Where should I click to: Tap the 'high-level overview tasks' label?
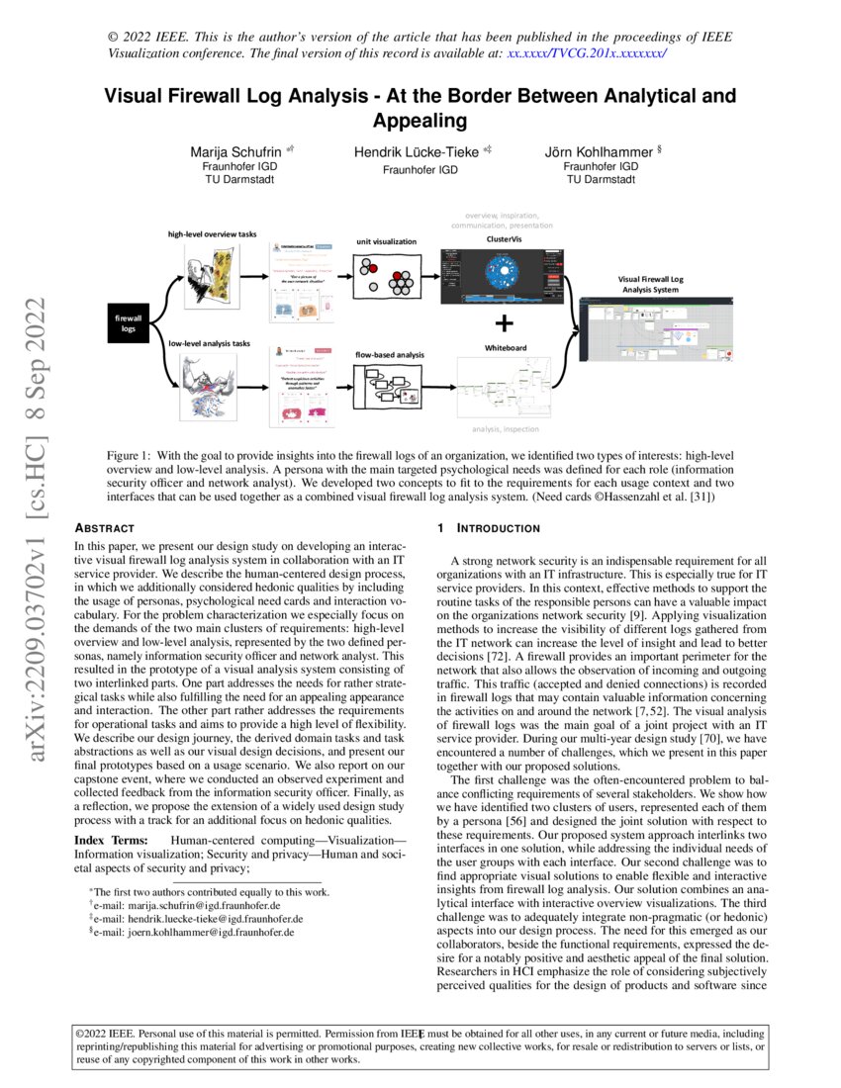click(212, 234)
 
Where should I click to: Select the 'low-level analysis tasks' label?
click(209, 343)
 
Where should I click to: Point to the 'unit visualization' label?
click(387, 241)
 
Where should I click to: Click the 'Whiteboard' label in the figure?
click(505, 348)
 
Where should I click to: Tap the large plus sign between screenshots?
click(505, 322)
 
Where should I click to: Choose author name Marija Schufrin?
click(234, 152)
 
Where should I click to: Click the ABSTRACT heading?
click(105, 529)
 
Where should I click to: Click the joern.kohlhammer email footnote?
click(191, 932)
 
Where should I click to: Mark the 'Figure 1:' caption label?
click(132, 454)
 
